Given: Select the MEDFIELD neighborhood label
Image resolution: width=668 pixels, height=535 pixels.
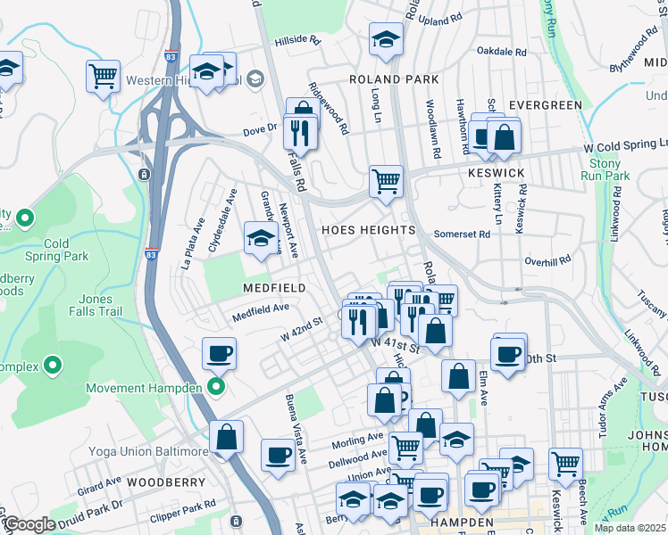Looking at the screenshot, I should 274,288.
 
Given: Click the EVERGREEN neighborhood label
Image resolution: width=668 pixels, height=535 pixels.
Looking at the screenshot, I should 545,105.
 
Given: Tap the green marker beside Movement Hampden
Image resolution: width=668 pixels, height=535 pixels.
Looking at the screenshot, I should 215,387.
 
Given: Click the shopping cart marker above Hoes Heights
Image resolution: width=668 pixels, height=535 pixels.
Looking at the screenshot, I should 386,181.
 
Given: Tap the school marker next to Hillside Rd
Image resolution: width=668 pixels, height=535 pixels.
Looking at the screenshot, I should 386,39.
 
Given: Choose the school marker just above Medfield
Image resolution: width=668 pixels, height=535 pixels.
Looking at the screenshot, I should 260,239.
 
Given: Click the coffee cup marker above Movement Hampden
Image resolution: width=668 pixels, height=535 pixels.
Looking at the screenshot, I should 219,354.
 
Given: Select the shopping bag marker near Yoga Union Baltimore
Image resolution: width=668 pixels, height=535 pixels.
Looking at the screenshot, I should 227,438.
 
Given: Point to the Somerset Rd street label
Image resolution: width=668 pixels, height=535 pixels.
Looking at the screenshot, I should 462,235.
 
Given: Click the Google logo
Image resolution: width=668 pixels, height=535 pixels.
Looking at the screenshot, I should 29,523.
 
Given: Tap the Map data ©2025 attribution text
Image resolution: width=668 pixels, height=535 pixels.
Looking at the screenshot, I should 629,528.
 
